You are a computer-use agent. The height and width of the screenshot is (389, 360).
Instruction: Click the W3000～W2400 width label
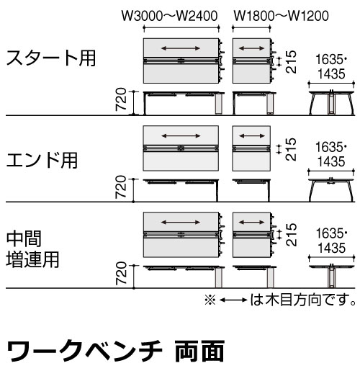pyautogui.click(x=169, y=16)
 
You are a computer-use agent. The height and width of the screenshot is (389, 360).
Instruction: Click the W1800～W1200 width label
pyautogui.click(x=281, y=16)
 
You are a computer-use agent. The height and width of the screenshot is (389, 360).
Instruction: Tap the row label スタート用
pyautogui.click(x=51, y=58)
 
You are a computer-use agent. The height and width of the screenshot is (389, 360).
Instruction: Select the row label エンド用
pyautogui.click(x=42, y=160)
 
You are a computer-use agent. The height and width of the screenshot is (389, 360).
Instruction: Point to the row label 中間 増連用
pyautogui.click(x=32, y=249)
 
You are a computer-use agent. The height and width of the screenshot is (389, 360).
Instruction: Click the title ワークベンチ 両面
pyautogui.click(x=115, y=352)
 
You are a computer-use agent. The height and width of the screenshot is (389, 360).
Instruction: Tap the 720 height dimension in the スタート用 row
pyautogui.click(x=121, y=99)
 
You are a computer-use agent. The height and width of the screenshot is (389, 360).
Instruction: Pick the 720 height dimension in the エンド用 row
pyautogui.click(x=121, y=187)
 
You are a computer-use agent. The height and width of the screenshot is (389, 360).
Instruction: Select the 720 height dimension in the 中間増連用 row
pyautogui.click(x=121, y=273)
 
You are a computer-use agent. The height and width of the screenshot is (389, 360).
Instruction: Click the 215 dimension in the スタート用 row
pyautogui.click(x=291, y=62)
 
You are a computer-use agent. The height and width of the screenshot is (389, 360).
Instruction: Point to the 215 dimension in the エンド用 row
pyautogui.click(x=291, y=149)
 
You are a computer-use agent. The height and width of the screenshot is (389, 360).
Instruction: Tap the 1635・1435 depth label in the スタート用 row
pyautogui.click(x=331, y=67)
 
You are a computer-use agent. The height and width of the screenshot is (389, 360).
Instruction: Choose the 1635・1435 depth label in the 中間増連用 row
pyautogui.click(x=331, y=241)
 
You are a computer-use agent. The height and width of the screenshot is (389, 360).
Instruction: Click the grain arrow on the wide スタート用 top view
pyautogui.click(x=181, y=48)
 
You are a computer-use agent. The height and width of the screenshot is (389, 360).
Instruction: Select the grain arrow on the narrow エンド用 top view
pyautogui.click(x=252, y=135)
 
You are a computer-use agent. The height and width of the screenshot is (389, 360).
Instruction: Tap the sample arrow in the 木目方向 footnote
pyautogui.click(x=233, y=300)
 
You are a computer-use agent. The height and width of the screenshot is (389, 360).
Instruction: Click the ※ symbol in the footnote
pyautogui.click(x=210, y=300)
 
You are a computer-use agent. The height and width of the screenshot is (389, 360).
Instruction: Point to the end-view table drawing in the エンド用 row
pyautogui.click(x=331, y=189)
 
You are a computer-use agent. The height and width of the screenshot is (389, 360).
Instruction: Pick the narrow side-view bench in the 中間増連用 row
pyautogui.click(x=254, y=277)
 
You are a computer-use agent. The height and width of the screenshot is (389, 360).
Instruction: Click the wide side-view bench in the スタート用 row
pyautogui.click(x=184, y=103)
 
